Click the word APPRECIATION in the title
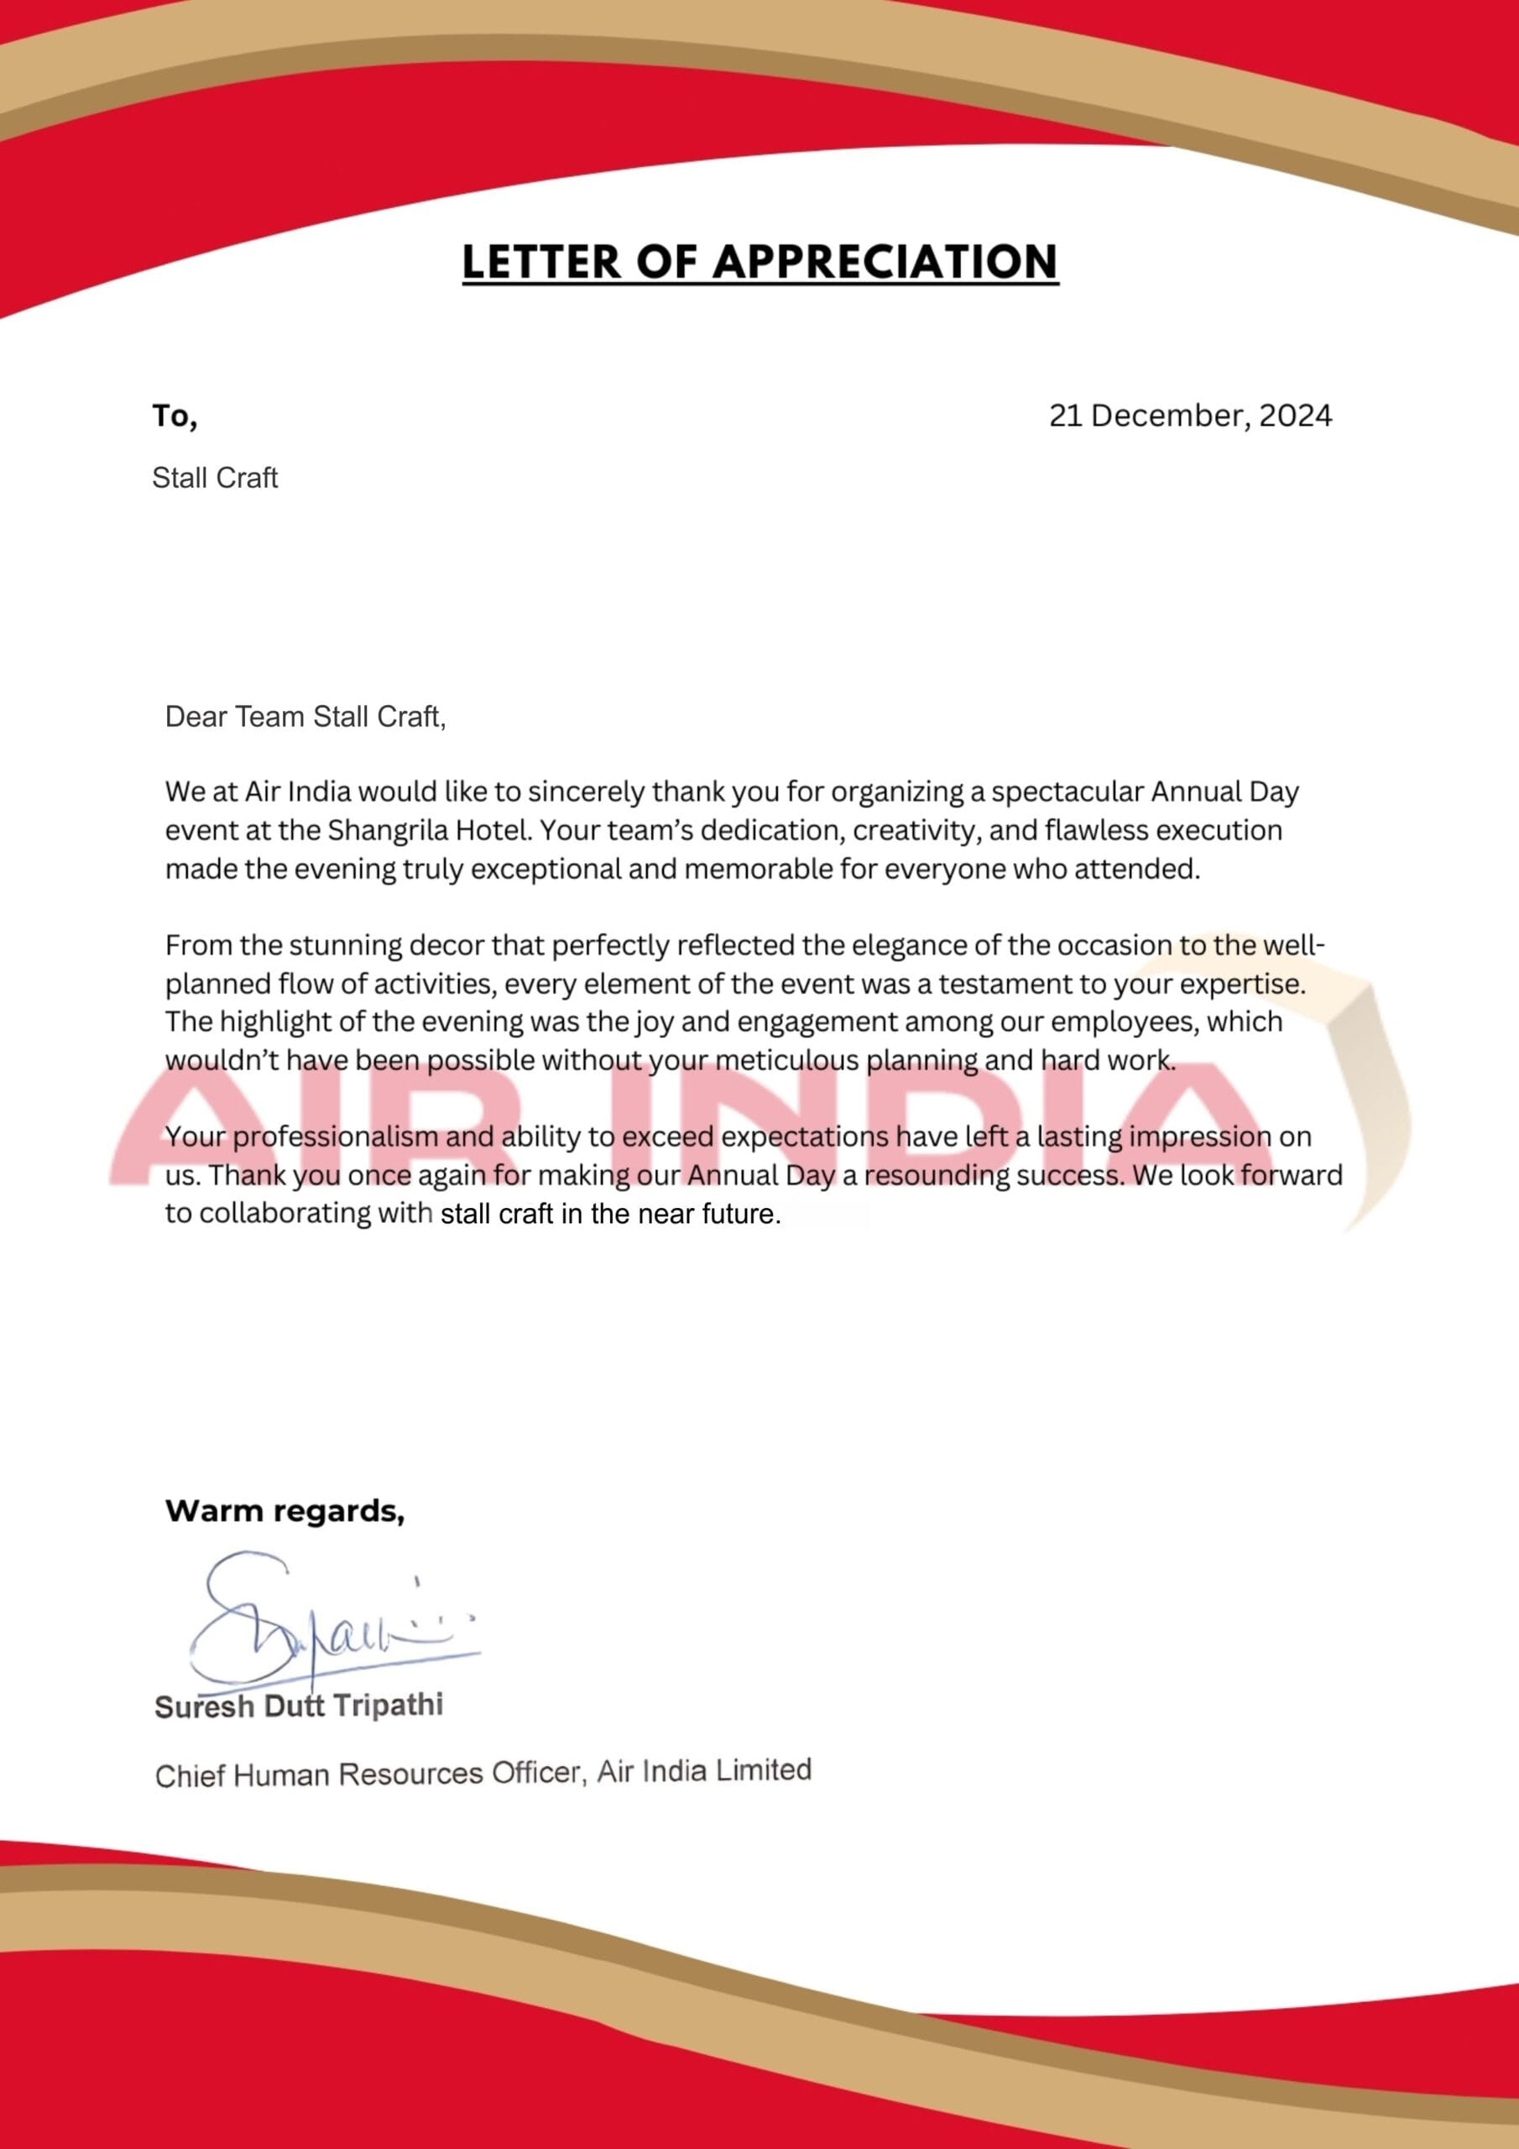[x=885, y=261]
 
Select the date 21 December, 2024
[x=1189, y=416]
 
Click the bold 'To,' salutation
[x=175, y=416]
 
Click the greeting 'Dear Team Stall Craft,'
[x=305, y=717]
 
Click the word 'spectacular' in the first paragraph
[x=1066, y=792]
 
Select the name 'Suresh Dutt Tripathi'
[x=299, y=1705]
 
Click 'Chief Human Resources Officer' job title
[x=370, y=1775]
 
